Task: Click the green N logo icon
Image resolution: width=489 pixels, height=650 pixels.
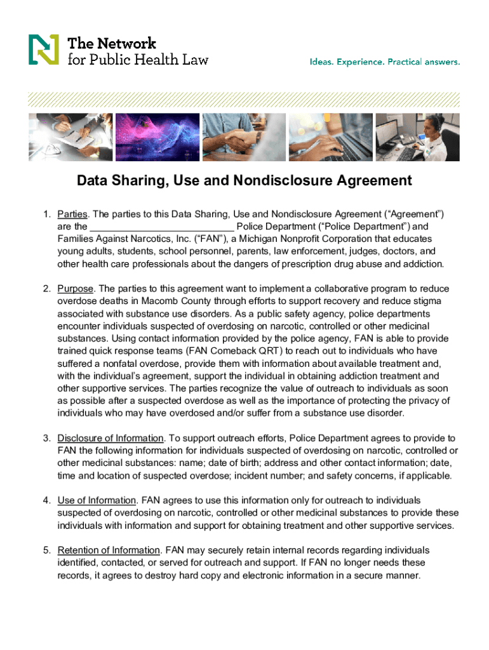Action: (x=43, y=50)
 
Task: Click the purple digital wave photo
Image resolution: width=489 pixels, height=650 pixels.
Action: (x=156, y=136)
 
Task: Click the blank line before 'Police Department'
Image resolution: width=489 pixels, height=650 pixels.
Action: (x=162, y=227)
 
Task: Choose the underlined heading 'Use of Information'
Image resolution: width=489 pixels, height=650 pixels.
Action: (x=97, y=500)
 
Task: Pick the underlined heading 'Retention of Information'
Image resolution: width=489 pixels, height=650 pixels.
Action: (x=109, y=550)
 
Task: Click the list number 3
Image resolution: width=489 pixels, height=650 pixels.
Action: (x=46, y=438)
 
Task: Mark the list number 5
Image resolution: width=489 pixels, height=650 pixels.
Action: (x=46, y=550)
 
